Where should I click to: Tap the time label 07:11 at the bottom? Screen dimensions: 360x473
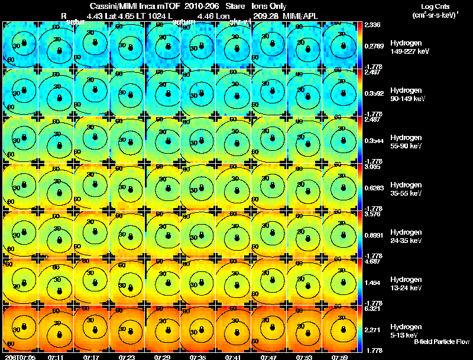click(x=56, y=356)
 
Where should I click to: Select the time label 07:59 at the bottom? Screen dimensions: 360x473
click(x=340, y=356)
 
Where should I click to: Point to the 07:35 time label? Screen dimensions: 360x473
click(x=198, y=356)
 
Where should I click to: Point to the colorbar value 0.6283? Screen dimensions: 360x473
click(x=374, y=188)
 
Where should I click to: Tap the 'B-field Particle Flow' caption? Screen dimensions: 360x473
click(x=441, y=342)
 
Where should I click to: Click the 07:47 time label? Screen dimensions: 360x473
click(x=269, y=356)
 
